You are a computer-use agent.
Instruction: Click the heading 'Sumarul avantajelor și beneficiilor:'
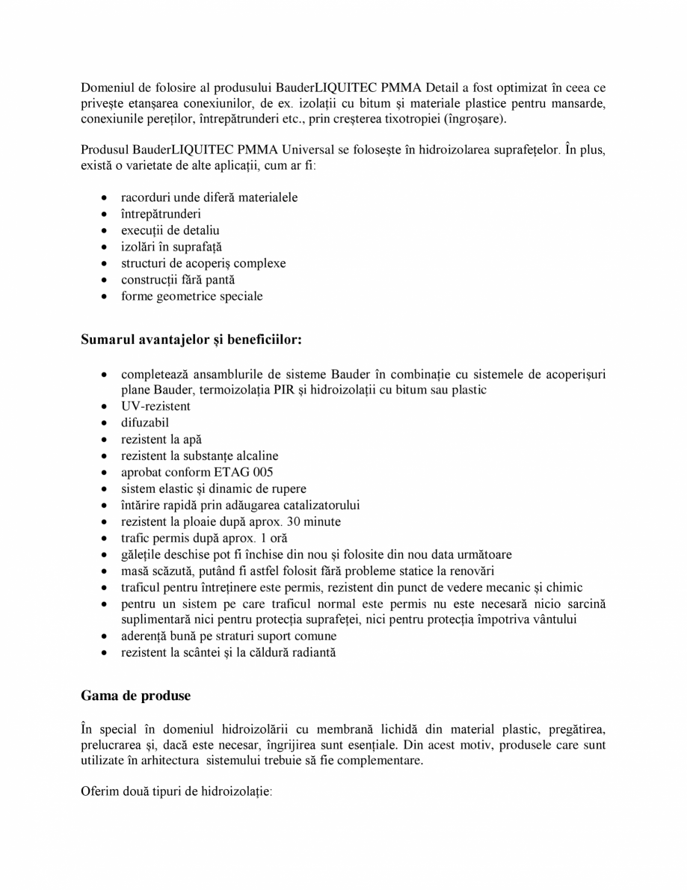[x=191, y=340]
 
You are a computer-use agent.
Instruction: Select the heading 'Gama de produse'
[x=135, y=696]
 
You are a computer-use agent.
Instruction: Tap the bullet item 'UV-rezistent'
[x=155, y=406]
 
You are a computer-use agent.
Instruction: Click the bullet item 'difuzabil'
[x=145, y=423]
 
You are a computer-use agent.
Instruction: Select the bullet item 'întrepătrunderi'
[x=160, y=214]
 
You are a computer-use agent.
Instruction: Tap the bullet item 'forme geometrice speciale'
[x=191, y=296]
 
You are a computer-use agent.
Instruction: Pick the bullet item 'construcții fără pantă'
[x=178, y=280]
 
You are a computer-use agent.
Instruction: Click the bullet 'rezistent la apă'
[x=161, y=439]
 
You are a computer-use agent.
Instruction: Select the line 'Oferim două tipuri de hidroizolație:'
[x=176, y=790]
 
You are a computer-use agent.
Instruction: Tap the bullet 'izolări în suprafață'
[x=171, y=247]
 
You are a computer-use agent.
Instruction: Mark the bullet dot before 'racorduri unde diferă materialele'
[x=103, y=198]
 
